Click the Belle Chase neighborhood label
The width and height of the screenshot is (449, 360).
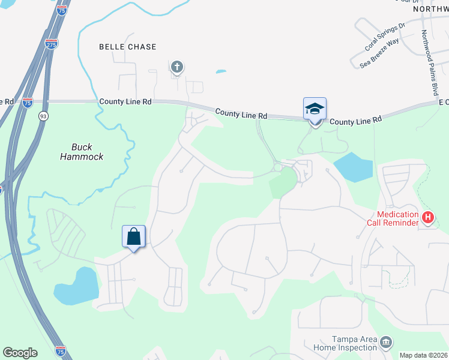[x=127, y=47]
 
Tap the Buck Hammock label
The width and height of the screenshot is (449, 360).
[x=82, y=151]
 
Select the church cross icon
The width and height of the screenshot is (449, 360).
[x=176, y=67]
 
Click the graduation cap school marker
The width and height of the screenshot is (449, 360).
[x=315, y=109]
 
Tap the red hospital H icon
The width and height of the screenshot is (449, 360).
[x=427, y=217]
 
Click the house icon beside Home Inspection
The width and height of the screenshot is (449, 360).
[x=386, y=343]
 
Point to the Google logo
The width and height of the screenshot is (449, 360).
[x=20, y=353]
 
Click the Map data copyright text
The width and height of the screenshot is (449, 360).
[x=423, y=355]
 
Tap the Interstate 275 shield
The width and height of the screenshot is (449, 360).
[x=52, y=44]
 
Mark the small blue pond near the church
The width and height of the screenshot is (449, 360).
[x=221, y=72]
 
